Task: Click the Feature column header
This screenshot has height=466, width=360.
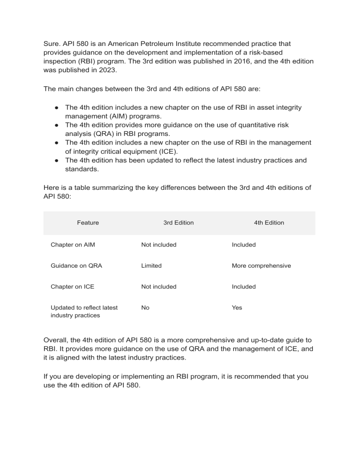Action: point(88,223)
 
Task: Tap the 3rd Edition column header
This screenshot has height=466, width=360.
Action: point(178,223)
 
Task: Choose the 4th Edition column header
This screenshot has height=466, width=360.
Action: point(269,223)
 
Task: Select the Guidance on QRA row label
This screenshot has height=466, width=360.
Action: point(76,266)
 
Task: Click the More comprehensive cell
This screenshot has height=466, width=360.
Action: point(261,266)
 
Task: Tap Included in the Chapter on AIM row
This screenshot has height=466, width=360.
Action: point(244,245)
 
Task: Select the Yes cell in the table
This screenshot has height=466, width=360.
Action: point(237,308)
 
